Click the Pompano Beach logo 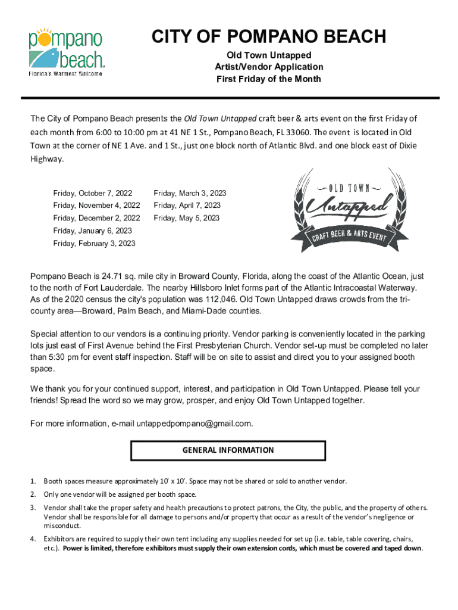(67, 51)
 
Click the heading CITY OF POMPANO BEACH (269, 37)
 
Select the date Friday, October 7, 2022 (93, 194)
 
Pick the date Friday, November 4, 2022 (97, 206)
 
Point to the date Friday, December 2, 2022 (97, 218)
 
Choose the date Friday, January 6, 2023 (93, 231)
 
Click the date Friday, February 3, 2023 (95, 243)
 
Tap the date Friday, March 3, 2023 (190, 194)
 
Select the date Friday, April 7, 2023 (187, 206)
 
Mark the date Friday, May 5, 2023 (187, 218)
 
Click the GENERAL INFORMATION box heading (228, 450)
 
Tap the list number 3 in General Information (33, 508)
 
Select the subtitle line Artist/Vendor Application (269, 67)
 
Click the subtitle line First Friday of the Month (269, 79)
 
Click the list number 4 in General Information (33, 539)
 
